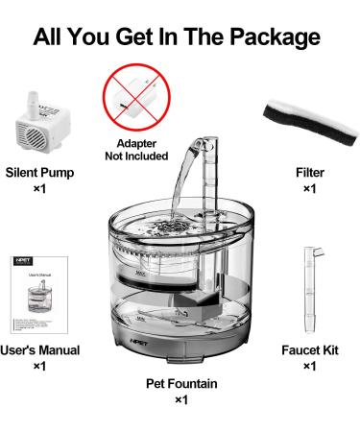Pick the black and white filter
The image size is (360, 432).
(x=308, y=122)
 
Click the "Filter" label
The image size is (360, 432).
(x=308, y=173)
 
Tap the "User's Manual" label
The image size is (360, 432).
(x=39, y=349)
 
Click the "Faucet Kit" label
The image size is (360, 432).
(x=308, y=349)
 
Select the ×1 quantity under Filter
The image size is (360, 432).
(x=308, y=189)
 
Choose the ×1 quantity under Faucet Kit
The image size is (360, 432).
(x=308, y=366)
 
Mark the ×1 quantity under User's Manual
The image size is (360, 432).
(x=39, y=366)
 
